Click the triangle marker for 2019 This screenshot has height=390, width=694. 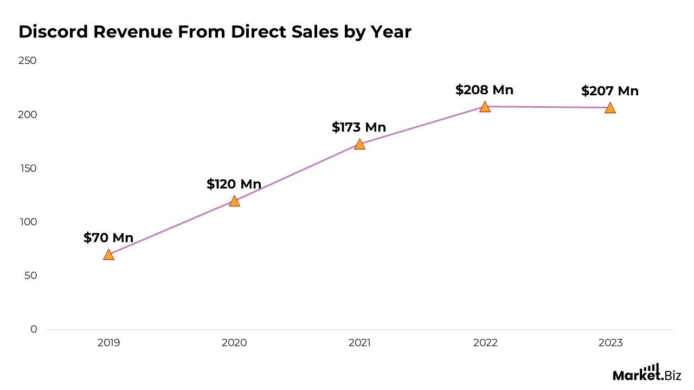coord(108,255)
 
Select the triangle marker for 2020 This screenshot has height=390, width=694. coord(234,201)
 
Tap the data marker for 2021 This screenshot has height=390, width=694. coord(359,144)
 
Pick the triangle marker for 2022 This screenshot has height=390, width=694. coord(485,107)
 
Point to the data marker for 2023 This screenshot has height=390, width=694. coord(610,108)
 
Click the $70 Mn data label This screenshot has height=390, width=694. coord(108,238)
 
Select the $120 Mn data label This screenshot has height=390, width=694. coord(234,184)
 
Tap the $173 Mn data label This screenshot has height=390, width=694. coord(359,127)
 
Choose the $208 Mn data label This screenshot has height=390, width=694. coord(484,90)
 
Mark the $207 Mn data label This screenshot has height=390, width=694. coord(610,91)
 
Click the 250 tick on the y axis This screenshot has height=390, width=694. coord(28,61)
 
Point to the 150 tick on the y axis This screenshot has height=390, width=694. coord(28,168)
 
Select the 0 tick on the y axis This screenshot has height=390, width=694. coord(34,329)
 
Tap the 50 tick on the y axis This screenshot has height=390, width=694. coord(30,276)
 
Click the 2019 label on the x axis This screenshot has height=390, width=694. coord(108,343)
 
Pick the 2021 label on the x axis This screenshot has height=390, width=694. coord(359,343)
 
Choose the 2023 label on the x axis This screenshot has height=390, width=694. coord(610,343)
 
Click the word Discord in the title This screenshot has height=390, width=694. coord(53,32)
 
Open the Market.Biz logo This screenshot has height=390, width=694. coord(646,373)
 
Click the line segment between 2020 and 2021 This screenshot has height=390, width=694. coord(297,172)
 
